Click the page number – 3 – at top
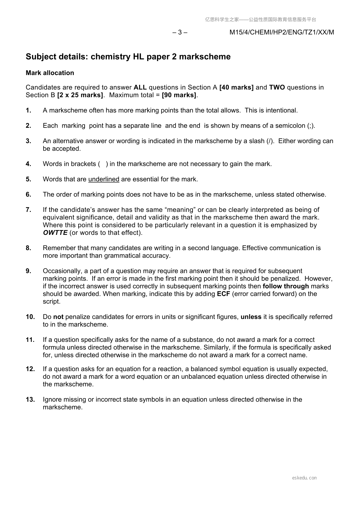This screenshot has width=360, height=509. point(180,32)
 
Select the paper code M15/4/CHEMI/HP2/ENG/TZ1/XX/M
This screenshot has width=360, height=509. point(282,32)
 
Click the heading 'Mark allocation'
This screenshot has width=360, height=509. point(50,73)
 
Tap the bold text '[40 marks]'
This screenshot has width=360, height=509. point(236,87)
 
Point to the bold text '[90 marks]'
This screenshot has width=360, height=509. point(180,95)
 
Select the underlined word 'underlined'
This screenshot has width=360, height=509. point(104,179)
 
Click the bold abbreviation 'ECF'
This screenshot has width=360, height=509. point(224,294)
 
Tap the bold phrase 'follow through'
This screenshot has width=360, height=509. point(286,286)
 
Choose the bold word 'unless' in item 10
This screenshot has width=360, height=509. point(251,317)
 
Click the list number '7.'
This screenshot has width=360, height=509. point(29,210)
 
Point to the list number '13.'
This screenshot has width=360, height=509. point(30,400)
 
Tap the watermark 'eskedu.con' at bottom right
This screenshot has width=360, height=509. point(304,478)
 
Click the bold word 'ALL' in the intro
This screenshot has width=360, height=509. point(140,87)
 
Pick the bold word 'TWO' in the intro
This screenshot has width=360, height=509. point(277,87)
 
